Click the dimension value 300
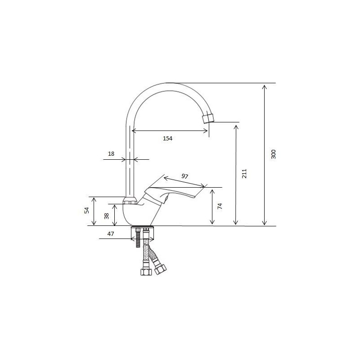[273, 154]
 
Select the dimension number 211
[244, 174]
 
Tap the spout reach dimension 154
[167, 139]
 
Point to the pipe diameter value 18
[111, 154]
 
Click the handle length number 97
[185, 176]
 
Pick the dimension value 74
[220, 206]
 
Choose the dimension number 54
[86, 210]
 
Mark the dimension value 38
[106, 216]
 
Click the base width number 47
[111, 234]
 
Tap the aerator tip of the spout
[208, 118]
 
